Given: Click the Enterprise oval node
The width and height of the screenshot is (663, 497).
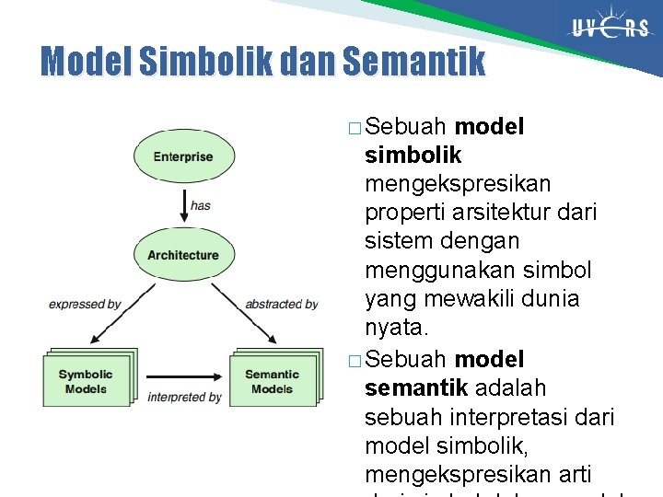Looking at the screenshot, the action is coord(183,156).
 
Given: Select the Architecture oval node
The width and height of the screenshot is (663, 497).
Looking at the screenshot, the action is coord(183,255).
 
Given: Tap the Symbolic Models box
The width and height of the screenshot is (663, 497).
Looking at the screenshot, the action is coord(86,381).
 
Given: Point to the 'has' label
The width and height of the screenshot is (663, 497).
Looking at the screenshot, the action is coord(201,205).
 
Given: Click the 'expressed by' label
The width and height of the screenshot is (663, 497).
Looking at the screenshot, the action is coord(85,304).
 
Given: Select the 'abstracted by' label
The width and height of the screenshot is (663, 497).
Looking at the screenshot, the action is coord(281,304).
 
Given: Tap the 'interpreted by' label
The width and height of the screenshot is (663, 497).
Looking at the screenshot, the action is coord(184,397).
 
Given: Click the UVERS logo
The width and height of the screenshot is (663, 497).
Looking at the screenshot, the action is coord(609,28).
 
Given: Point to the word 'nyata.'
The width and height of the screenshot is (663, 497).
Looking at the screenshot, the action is coord(397,329).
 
